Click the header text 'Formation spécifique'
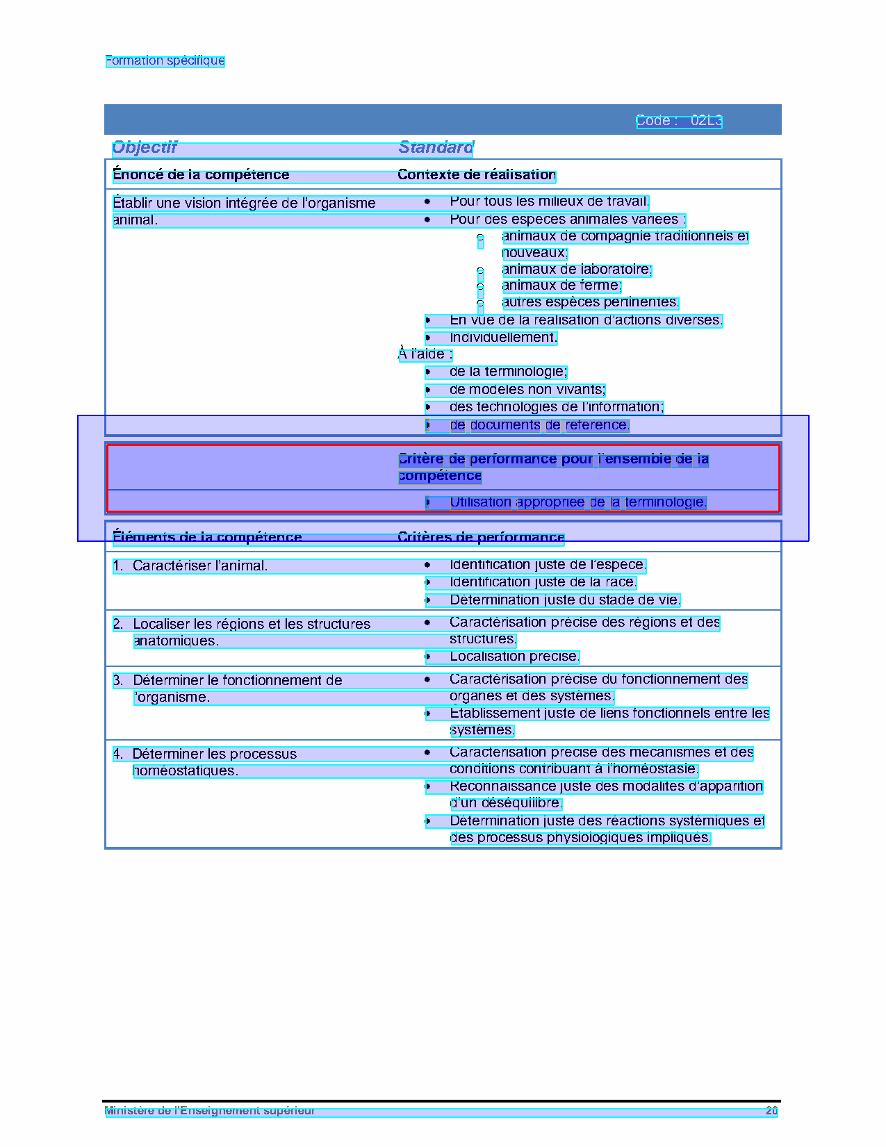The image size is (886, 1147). [165, 60]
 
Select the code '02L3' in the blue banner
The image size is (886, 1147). [706, 121]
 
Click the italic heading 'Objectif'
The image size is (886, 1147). [145, 147]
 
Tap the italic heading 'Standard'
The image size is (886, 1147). [436, 147]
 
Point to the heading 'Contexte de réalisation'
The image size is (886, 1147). [477, 175]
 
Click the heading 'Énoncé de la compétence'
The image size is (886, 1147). [201, 175]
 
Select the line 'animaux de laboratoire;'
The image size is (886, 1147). [577, 270]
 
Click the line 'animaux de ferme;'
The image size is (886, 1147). [561, 286]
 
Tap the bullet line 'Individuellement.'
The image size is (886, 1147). [503, 338]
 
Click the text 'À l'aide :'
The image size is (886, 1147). [425, 354]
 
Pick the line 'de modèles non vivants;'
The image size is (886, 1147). [527, 390]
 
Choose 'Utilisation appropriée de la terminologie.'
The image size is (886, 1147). [577, 502]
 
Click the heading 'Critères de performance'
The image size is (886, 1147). [481, 537]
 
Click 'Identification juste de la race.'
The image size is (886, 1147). [543, 582]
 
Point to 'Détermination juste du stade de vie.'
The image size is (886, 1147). [564, 600]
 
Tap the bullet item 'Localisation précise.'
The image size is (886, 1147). [514, 657]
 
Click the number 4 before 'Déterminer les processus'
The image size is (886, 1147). [117, 754]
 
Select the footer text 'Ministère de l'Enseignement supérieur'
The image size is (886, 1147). [209, 1111]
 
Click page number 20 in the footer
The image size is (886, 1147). [771, 1111]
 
